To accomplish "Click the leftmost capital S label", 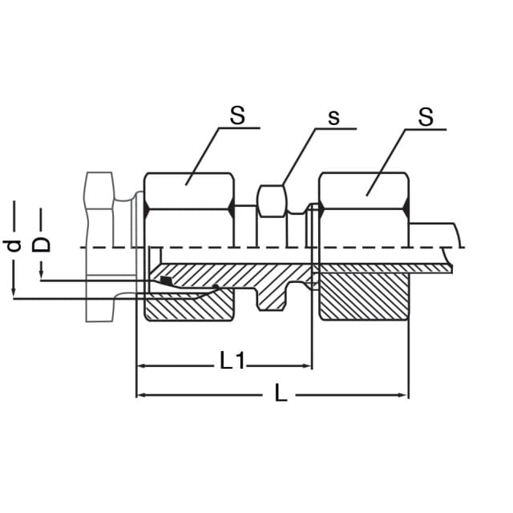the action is click(x=237, y=115).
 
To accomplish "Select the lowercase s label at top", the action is click(x=333, y=118).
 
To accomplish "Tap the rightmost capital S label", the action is click(x=426, y=117).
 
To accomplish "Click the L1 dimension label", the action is click(x=232, y=361).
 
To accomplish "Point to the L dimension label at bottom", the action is click(x=281, y=393).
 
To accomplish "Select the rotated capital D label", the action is click(x=41, y=244).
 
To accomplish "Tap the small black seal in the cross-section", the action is click(x=166, y=280).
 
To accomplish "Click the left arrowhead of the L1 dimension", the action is click(x=141, y=366).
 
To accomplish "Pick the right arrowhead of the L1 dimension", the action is click(x=307, y=366).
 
